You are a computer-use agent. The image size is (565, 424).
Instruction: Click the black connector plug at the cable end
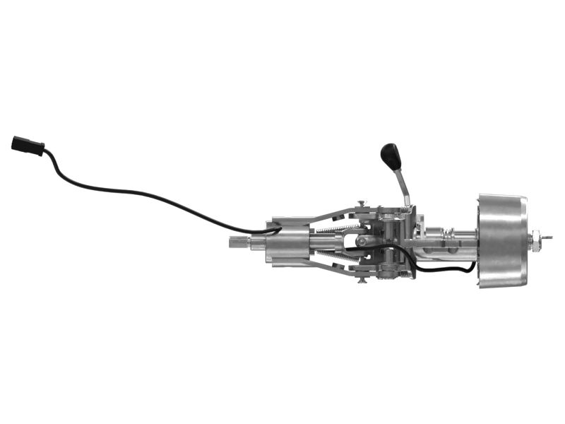(28, 146)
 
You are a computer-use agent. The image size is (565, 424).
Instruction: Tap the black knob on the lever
(391, 155)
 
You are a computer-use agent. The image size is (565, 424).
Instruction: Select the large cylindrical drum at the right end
(501, 240)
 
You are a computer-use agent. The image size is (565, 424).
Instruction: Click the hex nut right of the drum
(537, 241)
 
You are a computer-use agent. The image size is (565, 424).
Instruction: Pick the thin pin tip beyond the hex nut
(548, 239)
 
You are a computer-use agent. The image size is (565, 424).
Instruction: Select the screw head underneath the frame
(362, 280)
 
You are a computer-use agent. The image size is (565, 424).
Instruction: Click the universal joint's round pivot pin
(361, 242)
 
